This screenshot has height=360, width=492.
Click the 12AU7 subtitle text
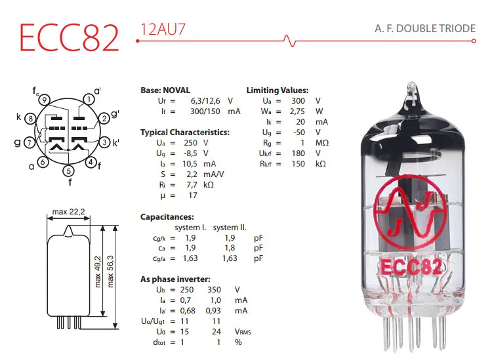[161, 30]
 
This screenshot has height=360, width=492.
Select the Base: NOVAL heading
[165, 90]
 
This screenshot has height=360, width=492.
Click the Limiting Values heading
[277, 90]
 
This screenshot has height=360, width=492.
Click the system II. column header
[230, 227]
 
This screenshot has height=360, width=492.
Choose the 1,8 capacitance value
[230, 248]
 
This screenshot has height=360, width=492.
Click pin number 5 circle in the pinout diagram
[69, 171]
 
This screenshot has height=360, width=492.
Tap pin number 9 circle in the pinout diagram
[44, 100]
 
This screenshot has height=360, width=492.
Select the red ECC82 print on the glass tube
[411, 268]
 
